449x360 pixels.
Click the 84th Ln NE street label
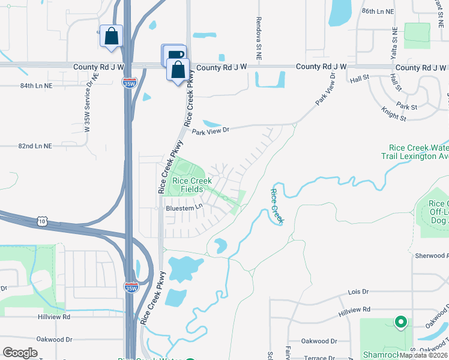36,86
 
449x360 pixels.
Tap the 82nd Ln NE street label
35,146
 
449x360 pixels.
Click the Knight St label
394,113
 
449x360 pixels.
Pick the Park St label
406,107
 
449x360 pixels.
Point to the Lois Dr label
358,292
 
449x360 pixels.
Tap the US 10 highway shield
41,221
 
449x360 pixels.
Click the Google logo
20,353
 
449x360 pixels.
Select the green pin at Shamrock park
400,322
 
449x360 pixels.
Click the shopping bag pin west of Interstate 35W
111,36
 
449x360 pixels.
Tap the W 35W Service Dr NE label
90,103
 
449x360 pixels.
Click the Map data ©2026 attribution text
424,355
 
